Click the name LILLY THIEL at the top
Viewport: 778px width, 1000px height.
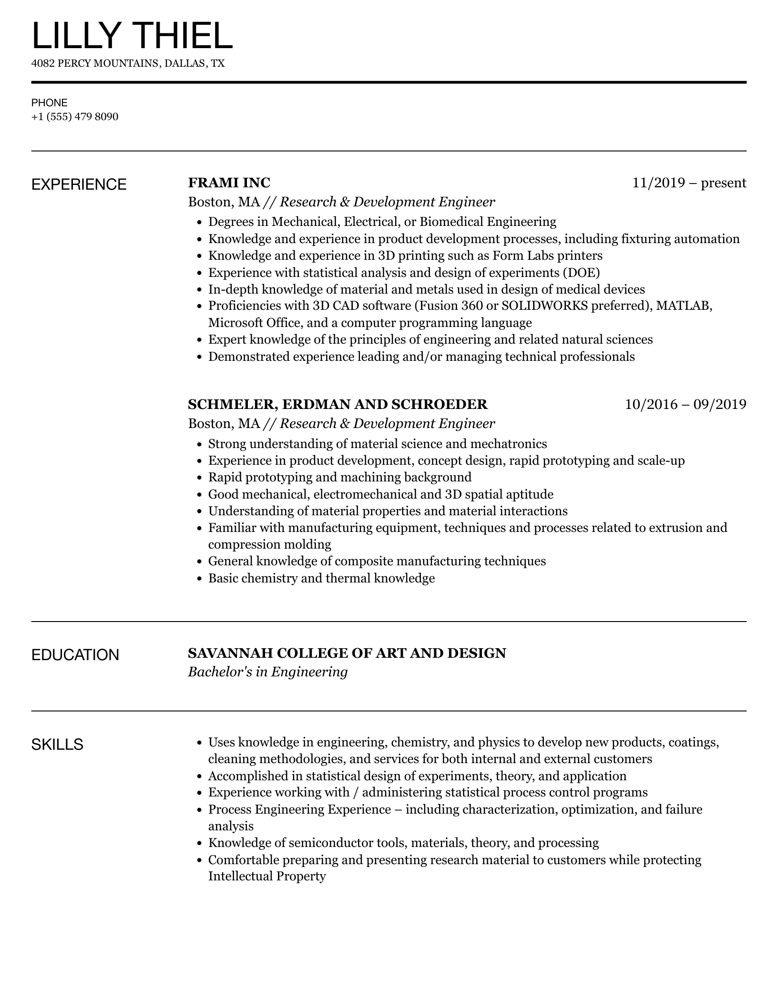pyautogui.click(x=132, y=36)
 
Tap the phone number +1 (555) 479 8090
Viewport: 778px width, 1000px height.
pyautogui.click(x=75, y=117)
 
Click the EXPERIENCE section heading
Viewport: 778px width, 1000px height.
pyautogui.click(x=79, y=185)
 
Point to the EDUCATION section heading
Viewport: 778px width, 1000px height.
pyautogui.click(x=75, y=655)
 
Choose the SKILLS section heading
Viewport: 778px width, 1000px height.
pyautogui.click(x=57, y=745)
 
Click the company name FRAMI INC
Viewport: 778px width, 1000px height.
pyautogui.click(x=229, y=183)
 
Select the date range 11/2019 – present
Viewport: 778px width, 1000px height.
pyautogui.click(x=689, y=183)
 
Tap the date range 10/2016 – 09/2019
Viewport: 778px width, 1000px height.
pyautogui.click(x=685, y=404)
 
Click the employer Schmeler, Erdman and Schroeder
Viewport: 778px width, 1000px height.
pyautogui.click(x=338, y=404)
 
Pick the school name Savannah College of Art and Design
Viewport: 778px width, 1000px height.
pyautogui.click(x=347, y=653)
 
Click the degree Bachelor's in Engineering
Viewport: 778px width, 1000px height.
pyautogui.click(x=267, y=672)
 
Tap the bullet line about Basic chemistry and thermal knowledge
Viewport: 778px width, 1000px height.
pyautogui.click(x=321, y=578)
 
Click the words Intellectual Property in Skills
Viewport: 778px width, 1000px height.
pyautogui.click(x=267, y=876)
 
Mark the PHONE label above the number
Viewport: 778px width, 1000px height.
pyautogui.click(x=50, y=103)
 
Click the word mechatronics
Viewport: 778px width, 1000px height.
pyautogui.click(x=509, y=444)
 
